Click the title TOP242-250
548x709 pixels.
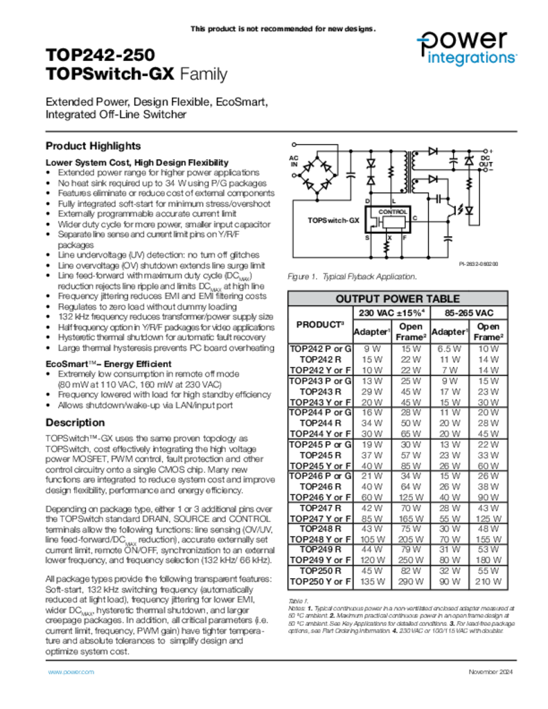[100, 55]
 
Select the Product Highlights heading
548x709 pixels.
[93, 146]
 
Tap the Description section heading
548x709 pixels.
[75, 422]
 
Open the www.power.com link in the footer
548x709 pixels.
[71, 672]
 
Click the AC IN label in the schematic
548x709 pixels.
[293, 161]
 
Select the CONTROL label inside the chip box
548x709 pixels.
[393, 211]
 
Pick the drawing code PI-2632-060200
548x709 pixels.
[478, 264]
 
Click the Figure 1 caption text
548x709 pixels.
[352, 277]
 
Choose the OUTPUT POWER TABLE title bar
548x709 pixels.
[397, 299]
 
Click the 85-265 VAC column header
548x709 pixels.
[471, 313]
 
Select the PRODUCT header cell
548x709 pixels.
[320, 324]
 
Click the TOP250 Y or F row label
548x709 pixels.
[320, 581]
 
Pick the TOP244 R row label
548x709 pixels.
[320, 422]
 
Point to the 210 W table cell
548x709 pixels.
[488, 581]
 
